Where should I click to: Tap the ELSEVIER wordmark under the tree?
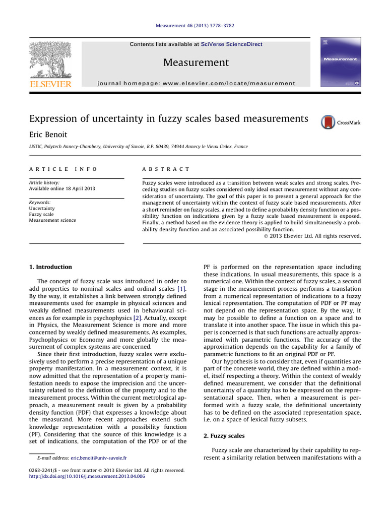[50, 84]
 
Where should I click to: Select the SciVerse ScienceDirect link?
[231, 44]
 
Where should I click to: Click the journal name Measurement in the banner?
[196, 62]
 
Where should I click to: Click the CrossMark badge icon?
[328, 122]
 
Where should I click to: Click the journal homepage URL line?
[196, 83]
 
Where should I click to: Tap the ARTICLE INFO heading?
[63, 169]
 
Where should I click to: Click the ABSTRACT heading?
[167, 169]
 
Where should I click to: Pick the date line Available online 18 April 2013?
[62, 188]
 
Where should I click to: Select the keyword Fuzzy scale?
[41, 214]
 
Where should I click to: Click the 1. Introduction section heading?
[50, 267]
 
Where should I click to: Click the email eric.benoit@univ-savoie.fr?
[98, 458]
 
